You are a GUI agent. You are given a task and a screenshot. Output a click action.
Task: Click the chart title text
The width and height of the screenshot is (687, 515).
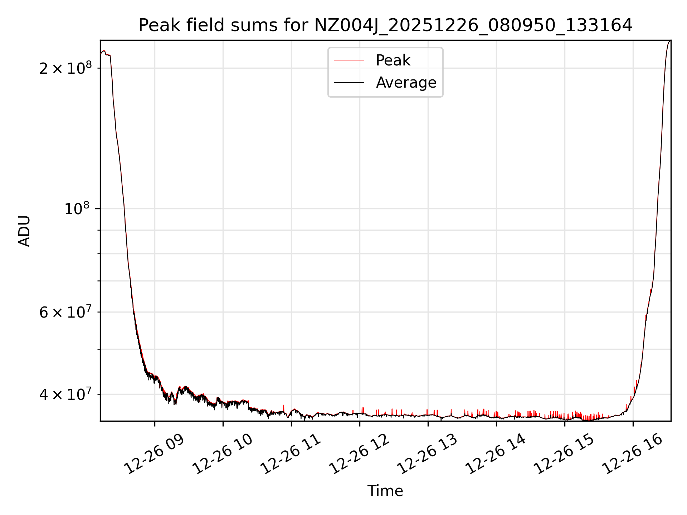385,25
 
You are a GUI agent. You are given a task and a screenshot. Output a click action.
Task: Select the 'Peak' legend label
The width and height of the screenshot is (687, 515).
393,60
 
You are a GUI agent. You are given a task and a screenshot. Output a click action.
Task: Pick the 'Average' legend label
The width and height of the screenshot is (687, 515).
406,83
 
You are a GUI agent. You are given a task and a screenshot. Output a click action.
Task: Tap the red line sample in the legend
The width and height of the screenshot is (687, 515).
349,60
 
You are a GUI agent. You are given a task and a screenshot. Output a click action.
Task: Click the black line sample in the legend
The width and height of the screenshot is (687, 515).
349,83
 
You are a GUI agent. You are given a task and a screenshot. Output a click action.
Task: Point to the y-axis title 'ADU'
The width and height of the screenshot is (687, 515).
24,231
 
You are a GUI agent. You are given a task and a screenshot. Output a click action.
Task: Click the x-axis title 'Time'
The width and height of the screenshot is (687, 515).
385,491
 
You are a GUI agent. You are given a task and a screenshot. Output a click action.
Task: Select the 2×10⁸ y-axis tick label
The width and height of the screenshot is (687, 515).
65,68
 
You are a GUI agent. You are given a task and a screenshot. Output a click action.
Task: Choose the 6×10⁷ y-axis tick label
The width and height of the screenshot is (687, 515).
65,312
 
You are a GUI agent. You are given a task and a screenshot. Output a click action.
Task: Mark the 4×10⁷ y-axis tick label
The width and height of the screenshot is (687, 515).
65,394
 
